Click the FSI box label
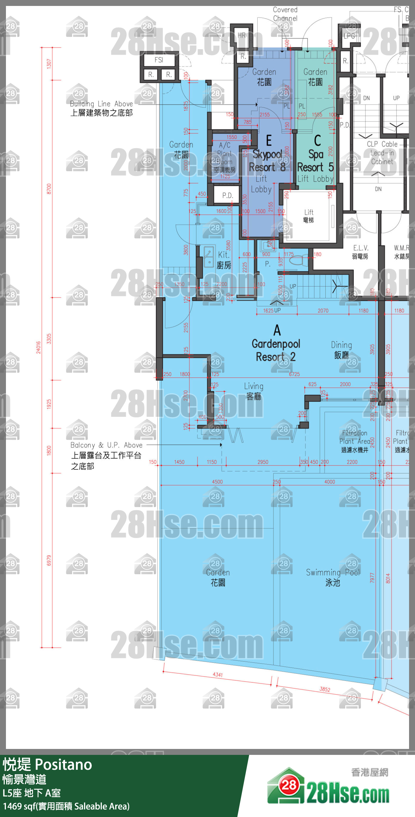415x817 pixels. pyautogui.click(x=159, y=60)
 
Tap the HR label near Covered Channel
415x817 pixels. pyautogui.click(x=242, y=36)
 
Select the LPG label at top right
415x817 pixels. pyautogui.click(x=349, y=36)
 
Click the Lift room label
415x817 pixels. pyautogui.click(x=308, y=216)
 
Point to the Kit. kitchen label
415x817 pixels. pyautogui.click(x=224, y=260)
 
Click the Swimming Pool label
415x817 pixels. pyautogui.click(x=333, y=577)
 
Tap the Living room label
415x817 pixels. pyautogui.click(x=254, y=391)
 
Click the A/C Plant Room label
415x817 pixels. pyautogui.click(x=225, y=157)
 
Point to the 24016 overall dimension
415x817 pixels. pyautogui.click(x=38, y=347)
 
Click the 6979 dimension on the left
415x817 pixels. pyautogui.click(x=49, y=561)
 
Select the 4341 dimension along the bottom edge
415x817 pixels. pyautogui.click(x=218, y=674)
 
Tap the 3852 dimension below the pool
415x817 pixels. pyautogui.click(x=325, y=689)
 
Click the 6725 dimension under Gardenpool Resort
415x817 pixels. pyautogui.click(x=294, y=374)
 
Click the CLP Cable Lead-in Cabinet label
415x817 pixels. pyautogui.click(x=382, y=153)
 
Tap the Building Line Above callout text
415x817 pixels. pyautogui.click(x=101, y=108)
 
